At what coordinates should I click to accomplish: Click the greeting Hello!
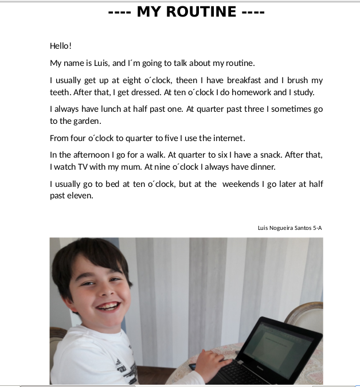[61, 46]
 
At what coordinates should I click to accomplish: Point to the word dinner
[262, 167]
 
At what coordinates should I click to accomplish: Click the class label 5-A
[318, 228]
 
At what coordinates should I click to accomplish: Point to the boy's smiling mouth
[107, 305]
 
